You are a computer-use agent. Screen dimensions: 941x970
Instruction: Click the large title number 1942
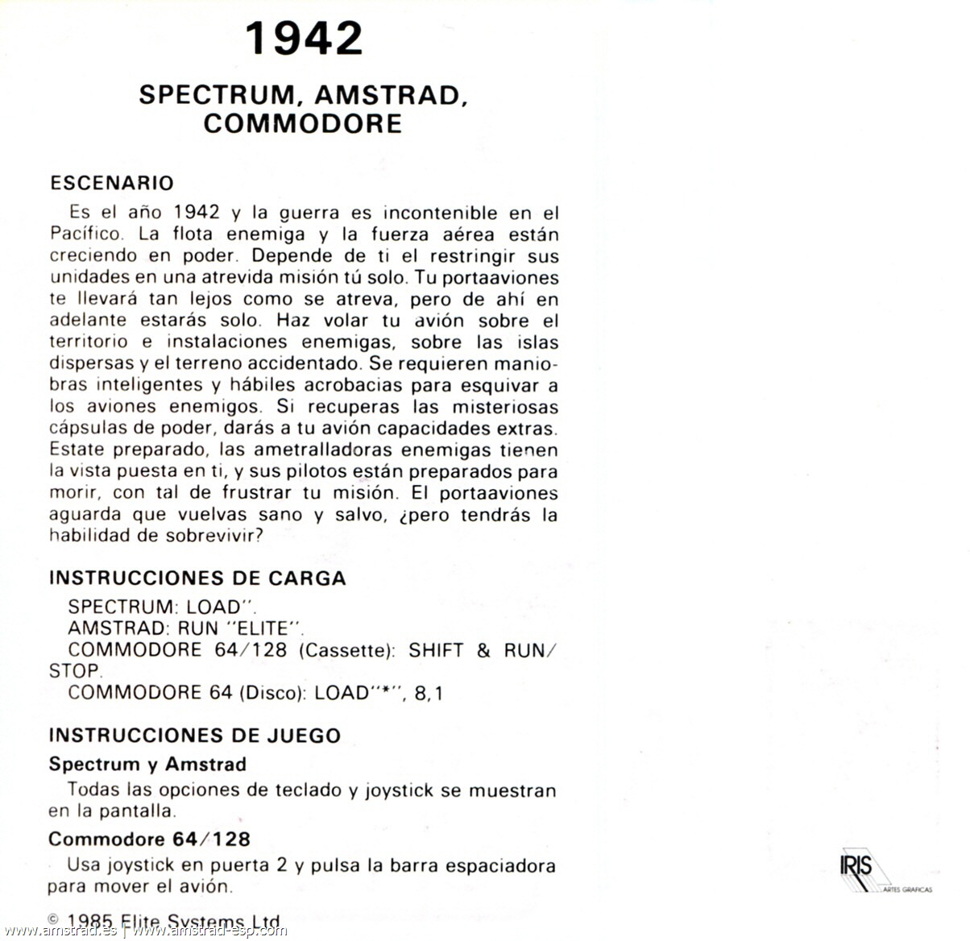click(x=304, y=39)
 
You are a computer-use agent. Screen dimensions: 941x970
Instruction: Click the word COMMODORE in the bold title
click(x=303, y=123)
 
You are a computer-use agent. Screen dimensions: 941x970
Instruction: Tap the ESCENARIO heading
click(x=112, y=183)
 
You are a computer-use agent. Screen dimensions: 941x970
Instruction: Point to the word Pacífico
click(x=86, y=234)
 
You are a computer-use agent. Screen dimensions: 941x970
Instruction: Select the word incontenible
click(x=440, y=213)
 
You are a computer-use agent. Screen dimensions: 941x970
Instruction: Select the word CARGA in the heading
click(x=308, y=578)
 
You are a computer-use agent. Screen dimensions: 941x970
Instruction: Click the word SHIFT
click(x=436, y=650)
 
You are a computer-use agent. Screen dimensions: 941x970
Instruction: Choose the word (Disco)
click(x=272, y=693)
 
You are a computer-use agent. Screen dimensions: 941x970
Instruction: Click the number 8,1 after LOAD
click(x=429, y=693)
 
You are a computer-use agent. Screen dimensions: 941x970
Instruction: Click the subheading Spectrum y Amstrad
click(x=147, y=764)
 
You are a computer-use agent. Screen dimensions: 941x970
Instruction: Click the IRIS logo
click(x=856, y=868)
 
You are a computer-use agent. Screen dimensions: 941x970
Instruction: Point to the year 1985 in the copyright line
click(x=89, y=922)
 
